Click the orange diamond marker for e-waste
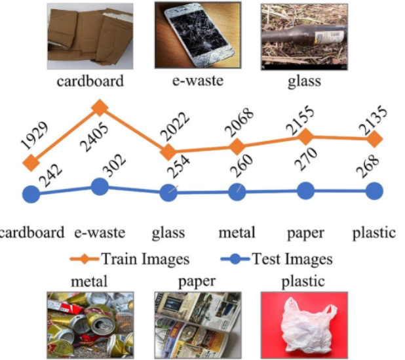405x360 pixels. coord(100,106)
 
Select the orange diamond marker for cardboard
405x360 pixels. coord(30,163)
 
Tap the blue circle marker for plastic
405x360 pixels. coord(374,191)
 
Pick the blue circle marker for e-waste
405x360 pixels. coord(100,187)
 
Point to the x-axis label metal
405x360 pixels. coord(237,233)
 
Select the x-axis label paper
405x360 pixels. coord(306,233)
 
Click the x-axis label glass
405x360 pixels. coord(168,233)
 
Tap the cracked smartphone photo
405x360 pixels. coord(197,35)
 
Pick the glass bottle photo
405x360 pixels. coord(304,36)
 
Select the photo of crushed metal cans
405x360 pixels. coord(90,325)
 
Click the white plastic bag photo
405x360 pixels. coord(304,325)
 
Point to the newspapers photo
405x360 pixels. coord(197,325)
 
